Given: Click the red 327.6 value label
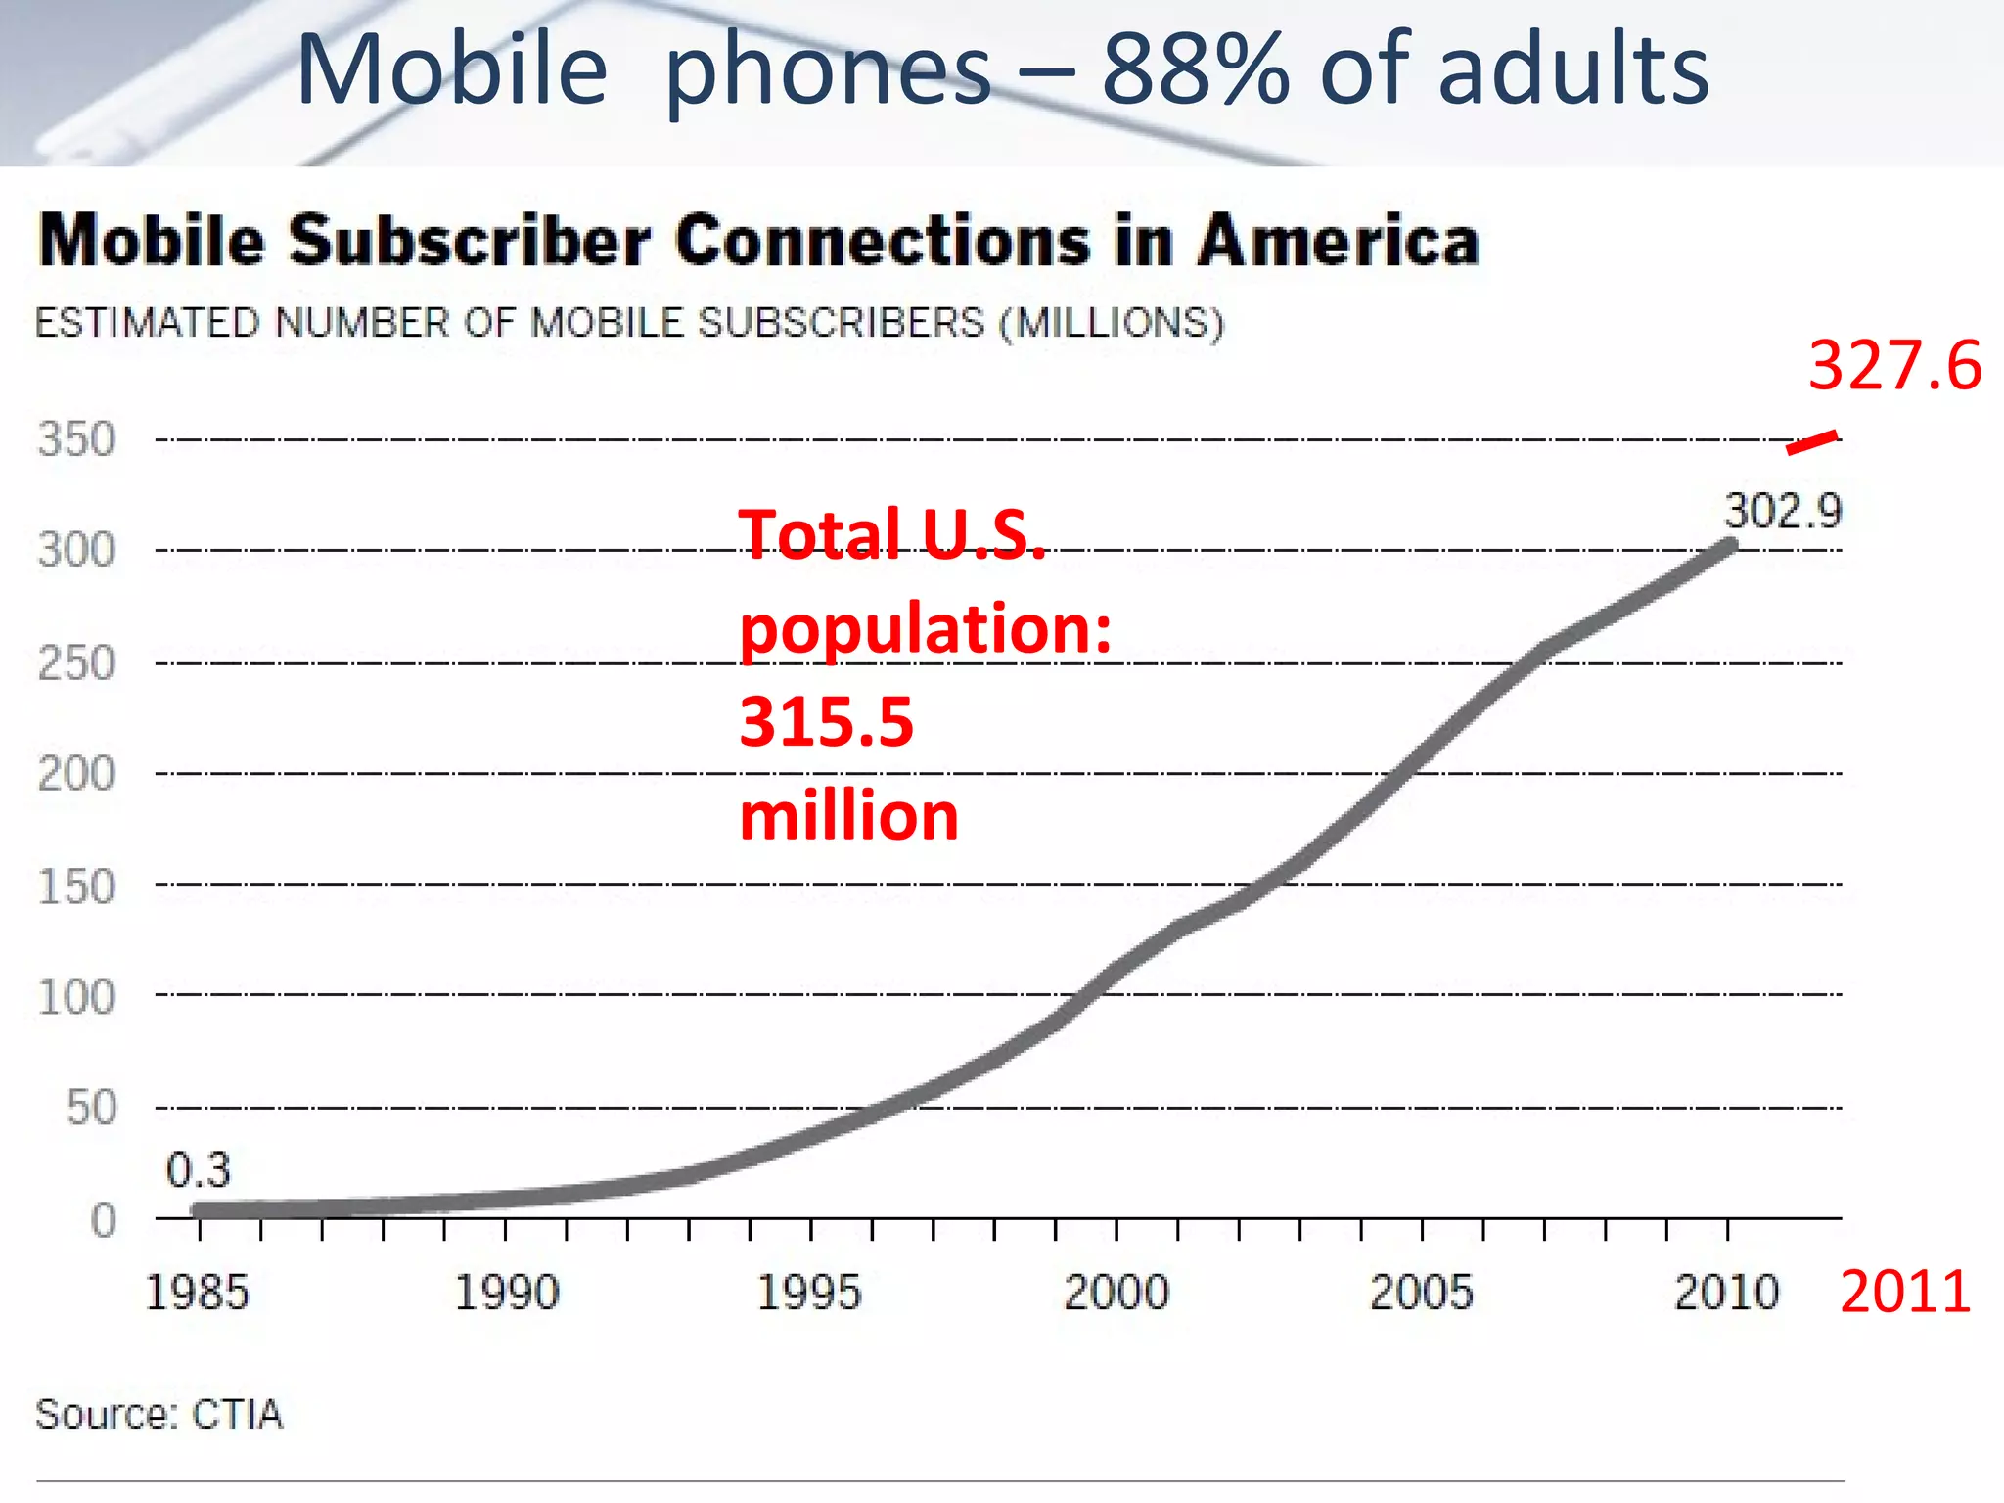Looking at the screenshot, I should [1894, 366].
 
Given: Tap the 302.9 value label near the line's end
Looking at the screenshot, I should [1782, 511].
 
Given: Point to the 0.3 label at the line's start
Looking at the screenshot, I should [199, 1169].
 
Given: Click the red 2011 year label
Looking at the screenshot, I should [1904, 1292].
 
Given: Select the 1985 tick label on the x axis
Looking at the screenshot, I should [197, 1293].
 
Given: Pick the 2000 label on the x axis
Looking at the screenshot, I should [1116, 1293].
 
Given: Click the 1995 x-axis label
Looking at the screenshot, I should [809, 1293].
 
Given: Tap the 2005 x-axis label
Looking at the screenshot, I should [1421, 1293].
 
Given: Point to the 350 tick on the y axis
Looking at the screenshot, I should [76, 439].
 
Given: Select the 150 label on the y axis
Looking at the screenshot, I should [76, 887].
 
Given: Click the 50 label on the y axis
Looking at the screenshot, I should [91, 1108].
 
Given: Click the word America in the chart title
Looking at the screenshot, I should [1338, 241].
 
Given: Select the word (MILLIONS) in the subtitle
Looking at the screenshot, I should [1112, 323].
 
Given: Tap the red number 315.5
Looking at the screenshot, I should [826, 722].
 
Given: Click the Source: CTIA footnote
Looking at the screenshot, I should [159, 1414].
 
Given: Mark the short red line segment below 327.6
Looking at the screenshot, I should [1811, 442].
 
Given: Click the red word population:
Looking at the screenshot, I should [926, 628].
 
